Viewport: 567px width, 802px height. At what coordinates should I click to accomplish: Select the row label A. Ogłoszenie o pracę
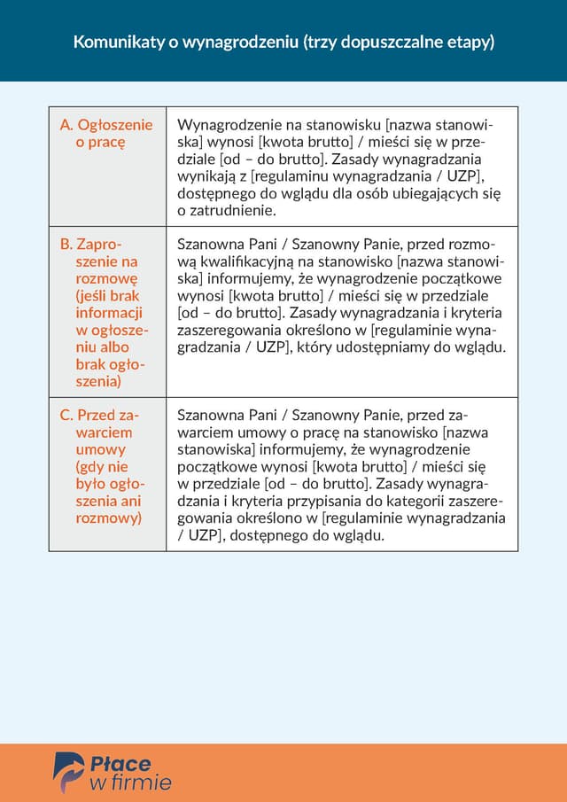[105, 133]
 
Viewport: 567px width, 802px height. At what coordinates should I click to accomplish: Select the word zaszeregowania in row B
[228, 331]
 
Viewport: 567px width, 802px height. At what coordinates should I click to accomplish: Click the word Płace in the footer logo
[121, 763]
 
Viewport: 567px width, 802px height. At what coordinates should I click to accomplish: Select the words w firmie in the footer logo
[130, 783]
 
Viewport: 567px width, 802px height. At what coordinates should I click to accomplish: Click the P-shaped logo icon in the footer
[68, 772]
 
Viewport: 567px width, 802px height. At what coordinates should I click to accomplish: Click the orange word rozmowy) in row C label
[108, 518]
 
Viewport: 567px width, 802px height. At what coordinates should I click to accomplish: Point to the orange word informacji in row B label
[108, 313]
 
